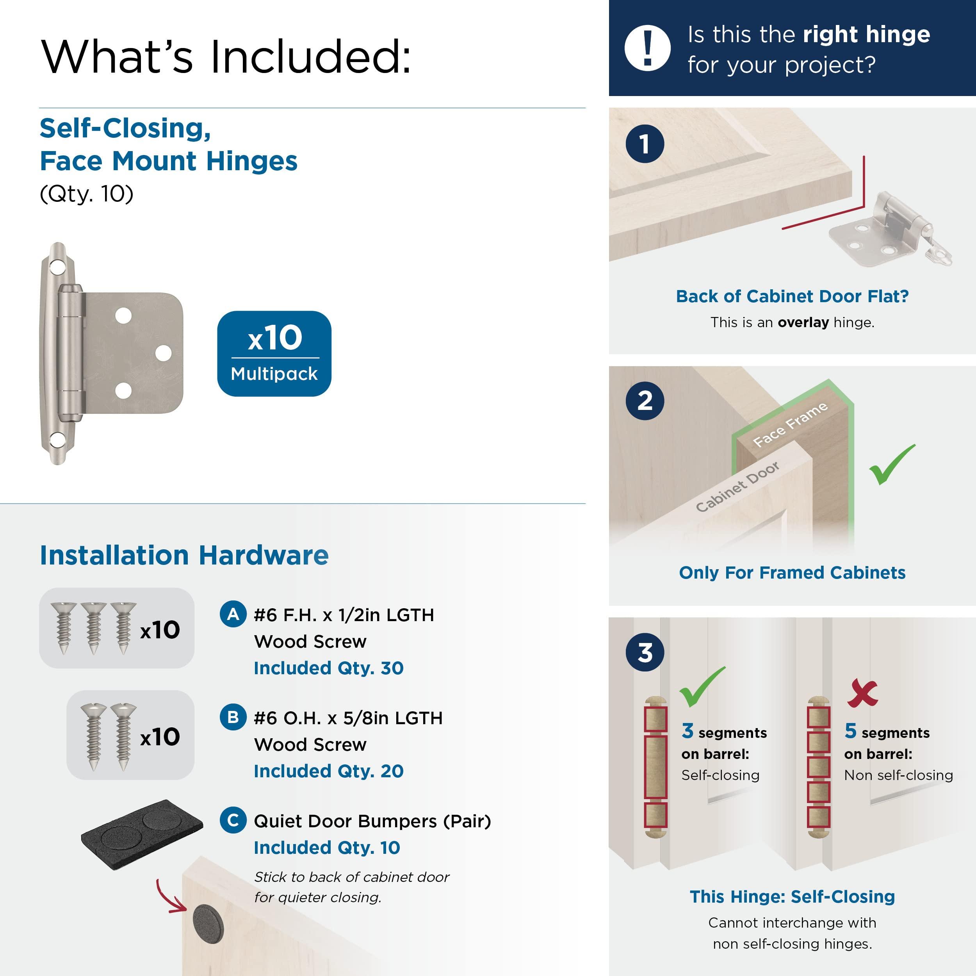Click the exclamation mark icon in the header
[x=647, y=48]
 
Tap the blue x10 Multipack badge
[x=274, y=353]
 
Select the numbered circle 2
[x=645, y=401]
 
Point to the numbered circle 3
[x=645, y=652]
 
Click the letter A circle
[x=233, y=614]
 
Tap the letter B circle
[x=233, y=717]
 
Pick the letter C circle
[x=233, y=820]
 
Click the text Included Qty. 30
[x=328, y=668]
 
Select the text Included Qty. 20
[x=328, y=771]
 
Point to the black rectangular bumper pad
[x=142, y=834]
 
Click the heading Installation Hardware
[x=184, y=555]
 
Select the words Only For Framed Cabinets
[x=792, y=572]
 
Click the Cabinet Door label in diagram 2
[x=737, y=486]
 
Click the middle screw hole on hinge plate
[x=163, y=353]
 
